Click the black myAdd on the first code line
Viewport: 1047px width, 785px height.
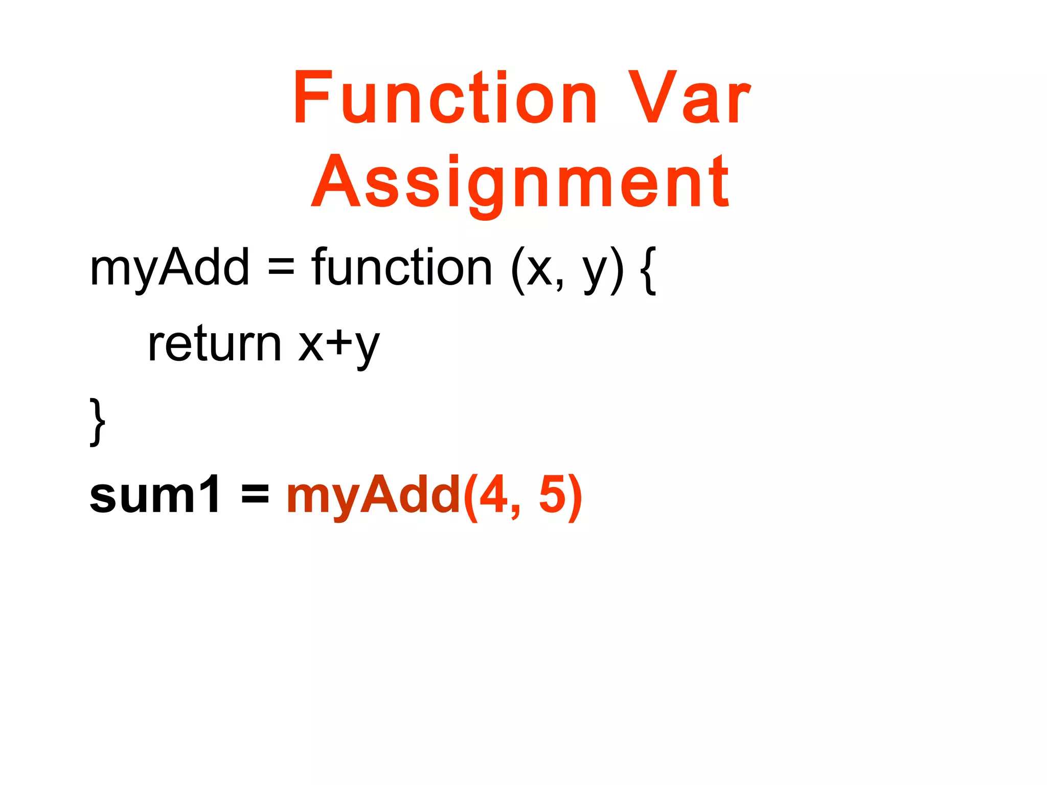tap(169, 267)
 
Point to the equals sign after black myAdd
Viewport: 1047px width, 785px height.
tap(281, 267)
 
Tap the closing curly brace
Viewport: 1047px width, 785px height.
tap(97, 422)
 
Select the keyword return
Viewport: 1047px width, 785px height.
tap(214, 344)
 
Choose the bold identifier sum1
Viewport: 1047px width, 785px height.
tap(155, 495)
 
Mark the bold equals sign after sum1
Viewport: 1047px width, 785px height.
tap(255, 495)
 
